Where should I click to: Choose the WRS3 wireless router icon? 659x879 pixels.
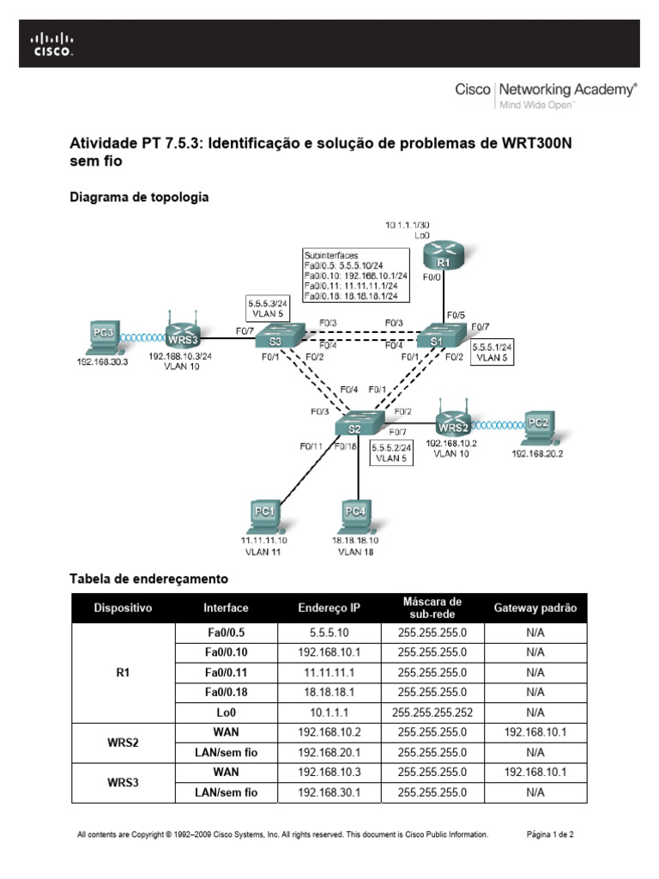[181, 331]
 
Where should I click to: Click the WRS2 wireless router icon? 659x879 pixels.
[453, 419]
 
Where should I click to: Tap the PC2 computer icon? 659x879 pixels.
[536, 425]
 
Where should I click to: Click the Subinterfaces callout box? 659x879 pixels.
[355, 275]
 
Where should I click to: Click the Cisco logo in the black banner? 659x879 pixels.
[52, 45]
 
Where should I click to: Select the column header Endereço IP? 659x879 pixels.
[329, 608]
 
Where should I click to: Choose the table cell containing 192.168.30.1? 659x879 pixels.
[329, 792]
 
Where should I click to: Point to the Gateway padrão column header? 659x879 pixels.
[535, 608]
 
